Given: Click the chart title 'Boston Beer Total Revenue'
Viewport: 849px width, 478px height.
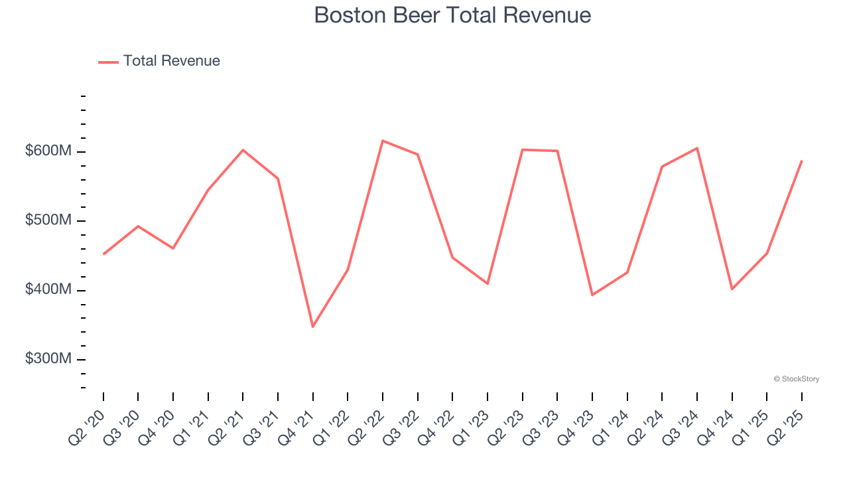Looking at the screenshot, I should tap(452, 15).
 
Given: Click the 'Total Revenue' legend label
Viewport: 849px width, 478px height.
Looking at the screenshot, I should tap(171, 61).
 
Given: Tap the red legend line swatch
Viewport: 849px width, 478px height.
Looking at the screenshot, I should tap(108, 62).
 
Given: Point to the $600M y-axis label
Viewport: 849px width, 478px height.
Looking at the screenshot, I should tap(48, 151).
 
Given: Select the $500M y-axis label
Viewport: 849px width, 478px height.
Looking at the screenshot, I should tap(48, 220).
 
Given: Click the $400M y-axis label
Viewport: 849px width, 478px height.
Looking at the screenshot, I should tap(48, 290).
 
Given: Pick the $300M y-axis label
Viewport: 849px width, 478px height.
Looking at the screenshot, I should tap(48, 359).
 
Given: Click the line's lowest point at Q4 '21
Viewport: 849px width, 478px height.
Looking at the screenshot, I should tap(312, 327).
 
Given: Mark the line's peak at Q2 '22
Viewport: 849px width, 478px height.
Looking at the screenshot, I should tap(383, 141).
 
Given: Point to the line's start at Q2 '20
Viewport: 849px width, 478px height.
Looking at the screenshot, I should tap(103, 254).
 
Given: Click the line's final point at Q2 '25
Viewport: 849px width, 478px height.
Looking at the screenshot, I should tap(802, 161).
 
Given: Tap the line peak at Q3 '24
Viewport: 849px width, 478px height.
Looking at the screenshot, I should tap(697, 148).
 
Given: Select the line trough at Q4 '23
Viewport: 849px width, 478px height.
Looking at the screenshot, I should tap(592, 295).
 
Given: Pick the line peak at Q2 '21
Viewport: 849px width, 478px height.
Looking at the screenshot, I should tap(243, 150).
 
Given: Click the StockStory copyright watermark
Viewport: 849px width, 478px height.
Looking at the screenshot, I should tap(796, 379).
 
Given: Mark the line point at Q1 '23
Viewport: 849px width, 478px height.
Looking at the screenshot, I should tap(488, 283).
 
